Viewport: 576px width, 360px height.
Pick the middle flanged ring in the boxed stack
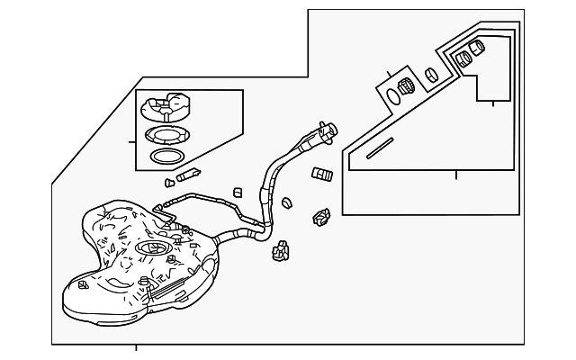[166, 136]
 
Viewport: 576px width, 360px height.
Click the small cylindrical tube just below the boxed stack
[190, 173]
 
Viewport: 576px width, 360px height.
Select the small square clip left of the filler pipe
[237, 192]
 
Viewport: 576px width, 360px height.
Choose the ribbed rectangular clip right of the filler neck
[323, 173]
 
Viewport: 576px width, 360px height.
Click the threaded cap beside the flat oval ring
[407, 87]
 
